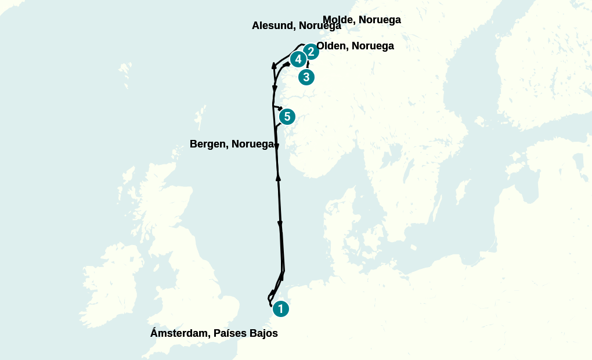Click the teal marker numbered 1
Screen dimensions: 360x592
[280, 309]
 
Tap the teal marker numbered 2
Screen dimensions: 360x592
[311, 52]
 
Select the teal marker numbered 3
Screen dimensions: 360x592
[306, 77]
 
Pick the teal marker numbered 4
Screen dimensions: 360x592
[298, 59]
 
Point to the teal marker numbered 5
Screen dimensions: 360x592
[287, 117]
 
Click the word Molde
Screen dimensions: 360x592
[338, 20]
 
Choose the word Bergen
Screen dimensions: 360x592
[208, 144]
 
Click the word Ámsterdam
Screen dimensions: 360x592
[179, 333]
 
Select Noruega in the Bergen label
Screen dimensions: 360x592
[252, 144]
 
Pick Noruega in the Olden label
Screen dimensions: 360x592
[373, 46]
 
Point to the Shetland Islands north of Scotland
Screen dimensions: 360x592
[200, 116]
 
